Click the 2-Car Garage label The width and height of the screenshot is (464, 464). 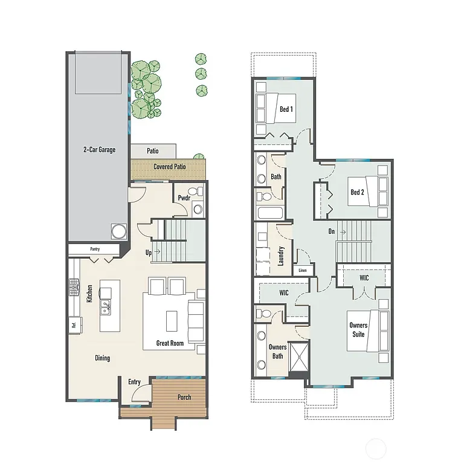(x=99, y=149)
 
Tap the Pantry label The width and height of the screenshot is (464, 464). (x=95, y=248)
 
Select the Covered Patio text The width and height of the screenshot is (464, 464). (x=169, y=167)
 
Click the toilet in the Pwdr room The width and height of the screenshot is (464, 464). (x=198, y=209)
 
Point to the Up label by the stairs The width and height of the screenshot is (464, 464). (x=148, y=253)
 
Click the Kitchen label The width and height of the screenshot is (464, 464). (x=89, y=294)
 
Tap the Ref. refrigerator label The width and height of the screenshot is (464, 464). (x=73, y=324)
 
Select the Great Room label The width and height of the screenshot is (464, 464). (x=170, y=343)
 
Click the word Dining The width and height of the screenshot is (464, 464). (x=102, y=358)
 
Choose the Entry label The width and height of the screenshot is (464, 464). (x=134, y=381)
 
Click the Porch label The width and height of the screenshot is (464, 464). (x=184, y=397)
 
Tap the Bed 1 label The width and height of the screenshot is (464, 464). (x=286, y=109)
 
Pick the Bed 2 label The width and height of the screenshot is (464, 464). (x=357, y=192)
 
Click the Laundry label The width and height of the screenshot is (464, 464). (x=281, y=256)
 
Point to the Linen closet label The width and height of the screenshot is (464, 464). (x=303, y=271)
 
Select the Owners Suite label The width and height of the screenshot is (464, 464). (x=358, y=329)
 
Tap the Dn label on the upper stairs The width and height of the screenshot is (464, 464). (x=332, y=231)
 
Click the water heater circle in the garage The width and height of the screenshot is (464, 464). (x=118, y=231)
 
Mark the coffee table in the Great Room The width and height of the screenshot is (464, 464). (x=171, y=319)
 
